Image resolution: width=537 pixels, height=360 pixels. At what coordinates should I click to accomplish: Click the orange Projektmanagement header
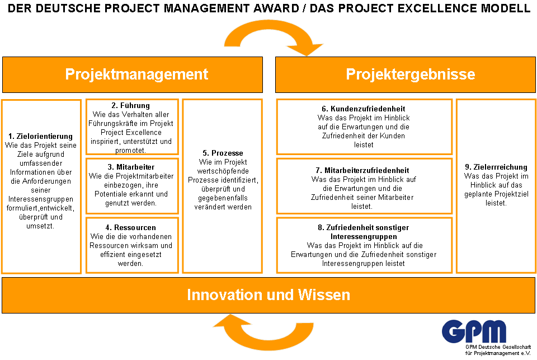tap(133, 74)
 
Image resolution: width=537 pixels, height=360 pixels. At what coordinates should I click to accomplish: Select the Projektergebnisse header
tap(406, 74)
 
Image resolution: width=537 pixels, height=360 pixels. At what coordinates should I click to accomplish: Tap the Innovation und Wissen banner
tap(268, 295)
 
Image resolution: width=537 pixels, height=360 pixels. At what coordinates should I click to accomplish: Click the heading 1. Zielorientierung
tap(41, 136)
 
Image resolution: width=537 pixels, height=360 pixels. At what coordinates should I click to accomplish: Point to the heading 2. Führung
tap(130, 106)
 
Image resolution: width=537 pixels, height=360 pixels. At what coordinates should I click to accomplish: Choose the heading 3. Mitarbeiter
tap(131, 167)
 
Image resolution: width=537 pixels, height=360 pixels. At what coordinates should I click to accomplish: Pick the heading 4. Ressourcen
tap(130, 228)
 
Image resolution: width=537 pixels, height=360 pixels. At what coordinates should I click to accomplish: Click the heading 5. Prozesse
tap(223, 153)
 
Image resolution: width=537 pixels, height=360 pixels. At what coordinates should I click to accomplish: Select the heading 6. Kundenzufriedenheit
tap(364, 109)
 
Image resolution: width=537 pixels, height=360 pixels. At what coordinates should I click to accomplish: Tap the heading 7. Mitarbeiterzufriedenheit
tap(362, 170)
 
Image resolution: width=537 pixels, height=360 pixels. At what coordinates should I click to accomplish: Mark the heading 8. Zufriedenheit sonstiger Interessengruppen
tap(364, 232)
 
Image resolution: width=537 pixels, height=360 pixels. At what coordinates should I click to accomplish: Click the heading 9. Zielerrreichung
tap(496, 167)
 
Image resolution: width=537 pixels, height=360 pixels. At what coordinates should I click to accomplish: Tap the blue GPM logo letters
tap(474, 331)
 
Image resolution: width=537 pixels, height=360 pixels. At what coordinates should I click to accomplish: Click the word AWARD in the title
tap(276, 8)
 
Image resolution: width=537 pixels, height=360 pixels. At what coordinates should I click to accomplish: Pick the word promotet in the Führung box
tap(130, 150)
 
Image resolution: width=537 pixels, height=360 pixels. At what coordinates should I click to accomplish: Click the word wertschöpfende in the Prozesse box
tap(223, 171)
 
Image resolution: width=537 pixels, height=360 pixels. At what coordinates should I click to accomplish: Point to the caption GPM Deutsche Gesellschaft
tap(498, 347)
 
